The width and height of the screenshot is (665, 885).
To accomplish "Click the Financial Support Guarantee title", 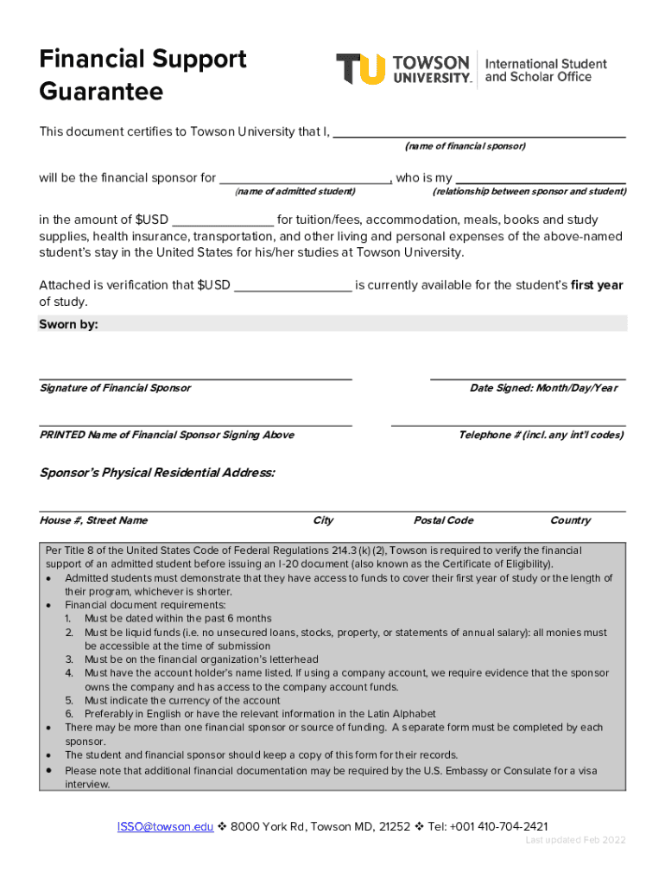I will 142,74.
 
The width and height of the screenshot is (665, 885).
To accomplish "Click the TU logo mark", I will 360,69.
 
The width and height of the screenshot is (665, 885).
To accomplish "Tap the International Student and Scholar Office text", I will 546,70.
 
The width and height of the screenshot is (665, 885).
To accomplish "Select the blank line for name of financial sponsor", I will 479,135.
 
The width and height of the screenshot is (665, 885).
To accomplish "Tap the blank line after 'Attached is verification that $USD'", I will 293,288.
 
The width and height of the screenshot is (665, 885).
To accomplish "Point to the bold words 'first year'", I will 597,285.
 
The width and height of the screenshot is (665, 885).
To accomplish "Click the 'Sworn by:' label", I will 69,324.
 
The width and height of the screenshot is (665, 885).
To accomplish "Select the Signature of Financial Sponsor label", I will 115,388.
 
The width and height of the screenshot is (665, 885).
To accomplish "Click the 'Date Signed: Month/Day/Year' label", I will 543,388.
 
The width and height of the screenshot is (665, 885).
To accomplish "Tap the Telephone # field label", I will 541,435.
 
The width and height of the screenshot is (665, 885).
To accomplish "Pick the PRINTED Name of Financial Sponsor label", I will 167,435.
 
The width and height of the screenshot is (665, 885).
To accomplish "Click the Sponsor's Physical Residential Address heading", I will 157,473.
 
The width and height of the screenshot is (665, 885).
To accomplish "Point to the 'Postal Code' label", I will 443,520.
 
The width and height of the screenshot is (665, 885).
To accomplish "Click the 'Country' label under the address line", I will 570,520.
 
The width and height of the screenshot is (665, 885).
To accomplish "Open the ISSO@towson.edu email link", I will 165,826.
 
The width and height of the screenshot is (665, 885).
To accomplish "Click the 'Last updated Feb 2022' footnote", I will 575,840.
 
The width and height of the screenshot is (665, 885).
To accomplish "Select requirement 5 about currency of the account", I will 182,700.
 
